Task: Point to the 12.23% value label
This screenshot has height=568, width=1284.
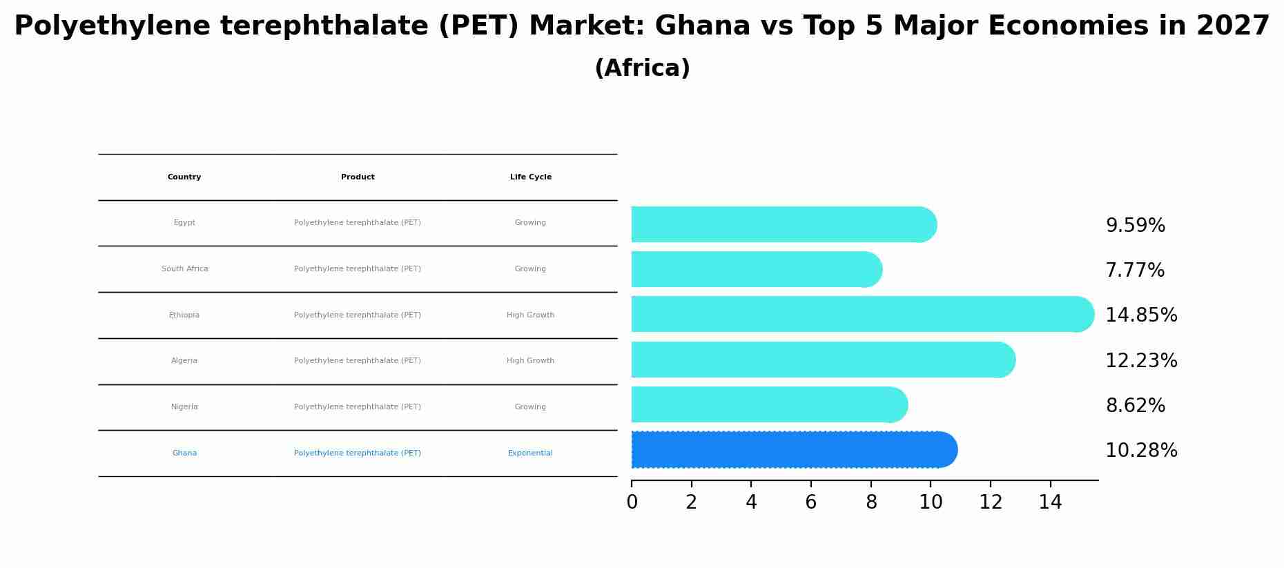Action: coord(1141,361)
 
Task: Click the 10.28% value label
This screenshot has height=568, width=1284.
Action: coord(1141,451)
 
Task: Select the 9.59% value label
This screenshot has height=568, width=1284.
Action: coord(1135,226)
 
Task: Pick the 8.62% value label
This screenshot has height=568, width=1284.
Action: coord(1135,406)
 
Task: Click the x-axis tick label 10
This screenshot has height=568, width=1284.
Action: coord(931,502)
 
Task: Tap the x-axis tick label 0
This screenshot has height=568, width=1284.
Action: coord(632,502)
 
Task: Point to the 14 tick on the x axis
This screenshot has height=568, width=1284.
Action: coord(1050,502)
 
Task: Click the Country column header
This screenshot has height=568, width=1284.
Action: coord(184,177)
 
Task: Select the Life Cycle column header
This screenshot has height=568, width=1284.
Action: coord(530,177)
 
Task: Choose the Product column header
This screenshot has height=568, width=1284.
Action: coord(358,177)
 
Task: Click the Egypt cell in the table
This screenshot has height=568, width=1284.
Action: coord(184,223)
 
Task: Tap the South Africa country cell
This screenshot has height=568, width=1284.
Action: coord(184,269)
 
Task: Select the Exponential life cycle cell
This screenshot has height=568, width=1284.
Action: coord(530,453)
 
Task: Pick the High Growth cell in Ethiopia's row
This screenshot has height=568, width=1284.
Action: coord(530,315)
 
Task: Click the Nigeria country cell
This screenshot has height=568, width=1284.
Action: coord(184,407)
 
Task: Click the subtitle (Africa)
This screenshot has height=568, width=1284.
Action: coord(642,68)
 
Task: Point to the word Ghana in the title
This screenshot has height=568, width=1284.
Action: coord(702,26)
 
